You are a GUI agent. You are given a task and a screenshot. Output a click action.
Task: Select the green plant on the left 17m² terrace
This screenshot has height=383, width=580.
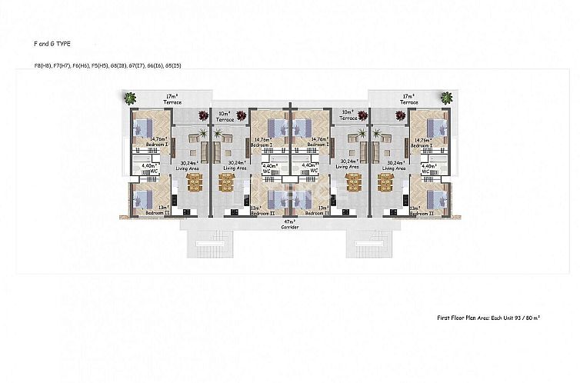pyautogui.click(x=130, y=98)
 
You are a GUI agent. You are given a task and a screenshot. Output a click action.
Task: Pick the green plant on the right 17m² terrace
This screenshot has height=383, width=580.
pyautogui.click(x=447, y=97)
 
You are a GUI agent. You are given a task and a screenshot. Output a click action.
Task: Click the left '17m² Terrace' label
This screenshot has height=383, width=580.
pyautogui.click(x=173, y=99)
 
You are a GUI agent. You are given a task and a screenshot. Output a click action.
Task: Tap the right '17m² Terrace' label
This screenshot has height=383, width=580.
pyautogui.click(x=408, y=99)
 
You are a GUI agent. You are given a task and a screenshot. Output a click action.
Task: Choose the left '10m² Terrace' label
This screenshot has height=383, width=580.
pyautogui.click(x=225, y=117)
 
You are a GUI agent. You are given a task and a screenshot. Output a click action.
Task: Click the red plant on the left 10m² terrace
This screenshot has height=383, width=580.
pyautogui.click(x=202, y=115)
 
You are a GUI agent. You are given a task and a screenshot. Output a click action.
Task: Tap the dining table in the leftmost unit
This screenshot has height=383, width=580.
pyautogui.click(x=193, y=181)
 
